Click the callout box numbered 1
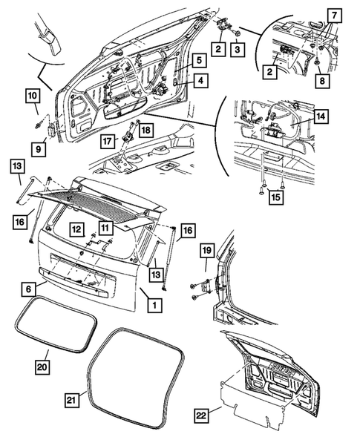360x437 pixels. click(154, 304)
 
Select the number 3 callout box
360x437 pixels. click(237, 49)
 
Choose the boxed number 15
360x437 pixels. click(275, 197)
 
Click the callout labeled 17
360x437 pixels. click(108, 139)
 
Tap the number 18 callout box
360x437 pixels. click(144, 130)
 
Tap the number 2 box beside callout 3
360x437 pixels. click(218, 49)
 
